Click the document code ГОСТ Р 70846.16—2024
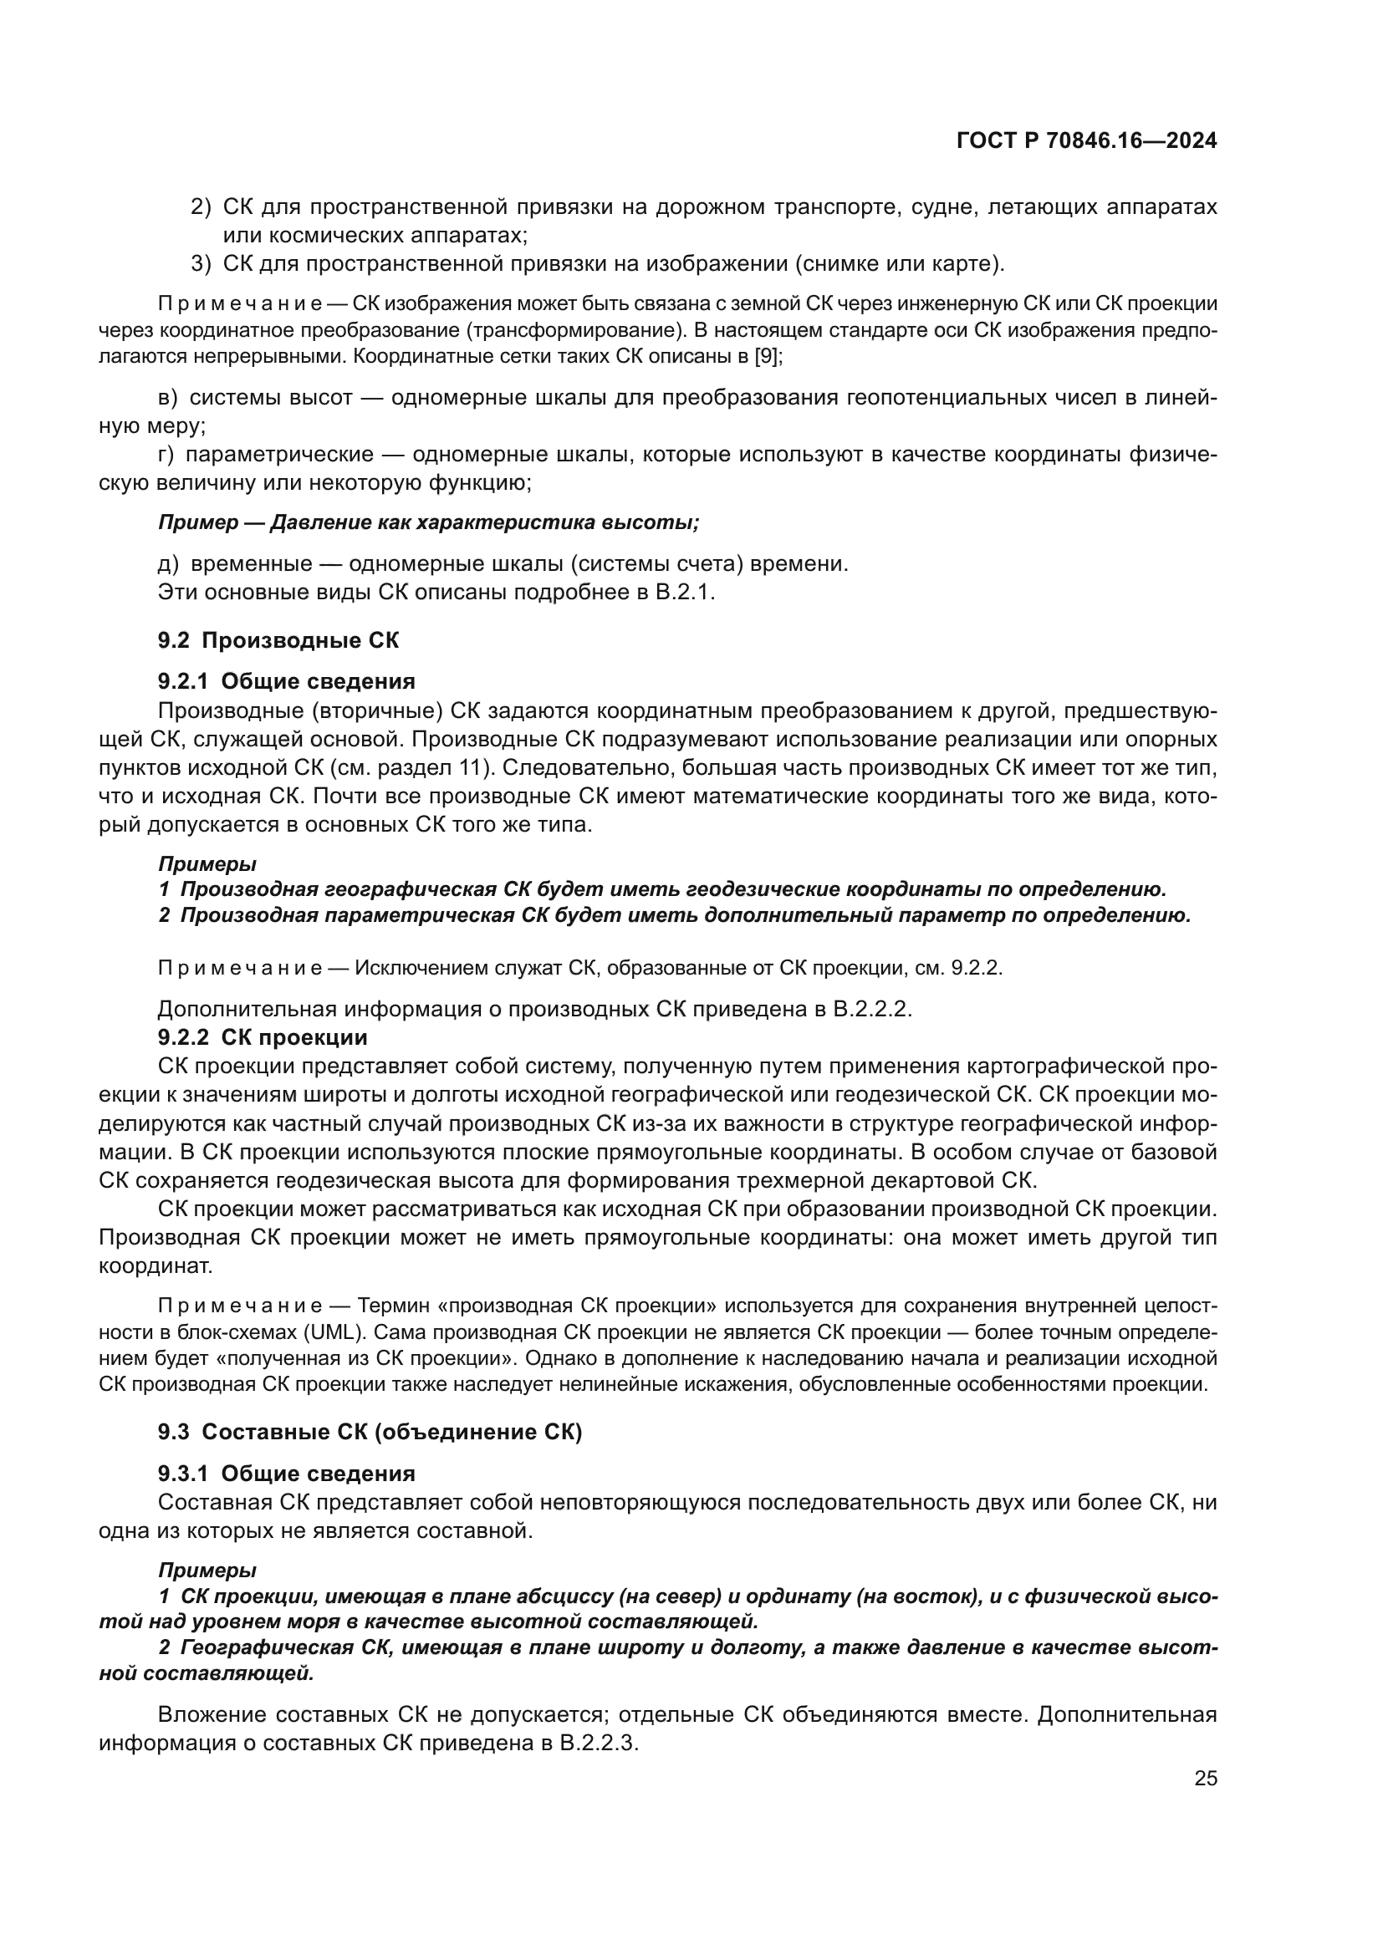pos(1086,141)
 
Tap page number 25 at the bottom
pos(1205,1779)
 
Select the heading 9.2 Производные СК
pos(278,640)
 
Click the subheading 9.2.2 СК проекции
pos(263,1037)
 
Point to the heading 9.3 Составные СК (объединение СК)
pos(370,1433)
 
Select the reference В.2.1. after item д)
pos(685,592)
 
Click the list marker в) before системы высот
pos(168,398)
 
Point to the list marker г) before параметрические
pos(166,455)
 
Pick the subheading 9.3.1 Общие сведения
pos(286,1473)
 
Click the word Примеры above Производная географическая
pos(207,863)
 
